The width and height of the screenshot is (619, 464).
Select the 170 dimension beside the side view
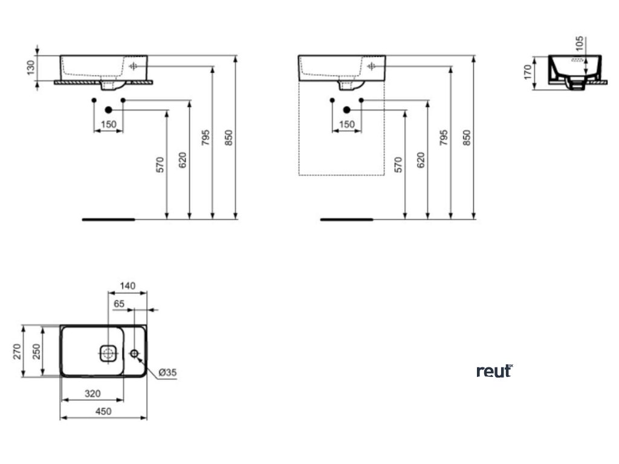point(527,71)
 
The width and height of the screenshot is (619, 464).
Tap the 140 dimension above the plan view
point(128,286)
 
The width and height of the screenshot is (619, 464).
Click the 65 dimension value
point(118,304)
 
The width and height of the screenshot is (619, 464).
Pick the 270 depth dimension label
point(18,350)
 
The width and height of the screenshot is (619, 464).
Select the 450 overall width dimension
point(103,411)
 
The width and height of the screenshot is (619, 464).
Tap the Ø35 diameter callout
point(168,373)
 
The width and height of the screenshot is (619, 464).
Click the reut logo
point(494,371)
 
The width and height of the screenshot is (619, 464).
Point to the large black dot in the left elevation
point(109,110)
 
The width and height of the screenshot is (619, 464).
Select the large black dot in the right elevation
point(347,110)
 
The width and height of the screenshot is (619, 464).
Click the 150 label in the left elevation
point(108,124)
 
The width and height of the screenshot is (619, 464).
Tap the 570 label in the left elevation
point(160,164)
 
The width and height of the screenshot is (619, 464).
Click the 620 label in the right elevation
point(421,159)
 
